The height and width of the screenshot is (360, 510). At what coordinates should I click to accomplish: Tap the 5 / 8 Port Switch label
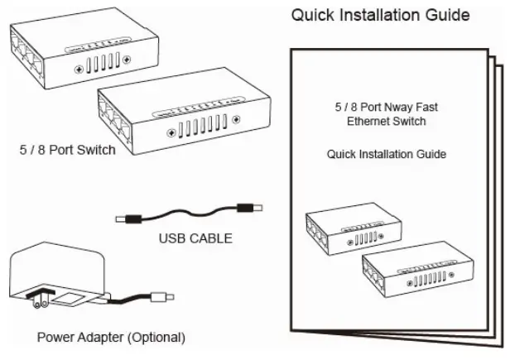pos(68,151)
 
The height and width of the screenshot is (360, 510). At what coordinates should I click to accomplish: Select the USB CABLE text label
pos(195,239)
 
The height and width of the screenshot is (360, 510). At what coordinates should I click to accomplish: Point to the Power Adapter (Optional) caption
pos(111,338)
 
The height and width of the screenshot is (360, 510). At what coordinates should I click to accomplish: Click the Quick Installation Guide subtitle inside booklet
pos(387,154)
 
